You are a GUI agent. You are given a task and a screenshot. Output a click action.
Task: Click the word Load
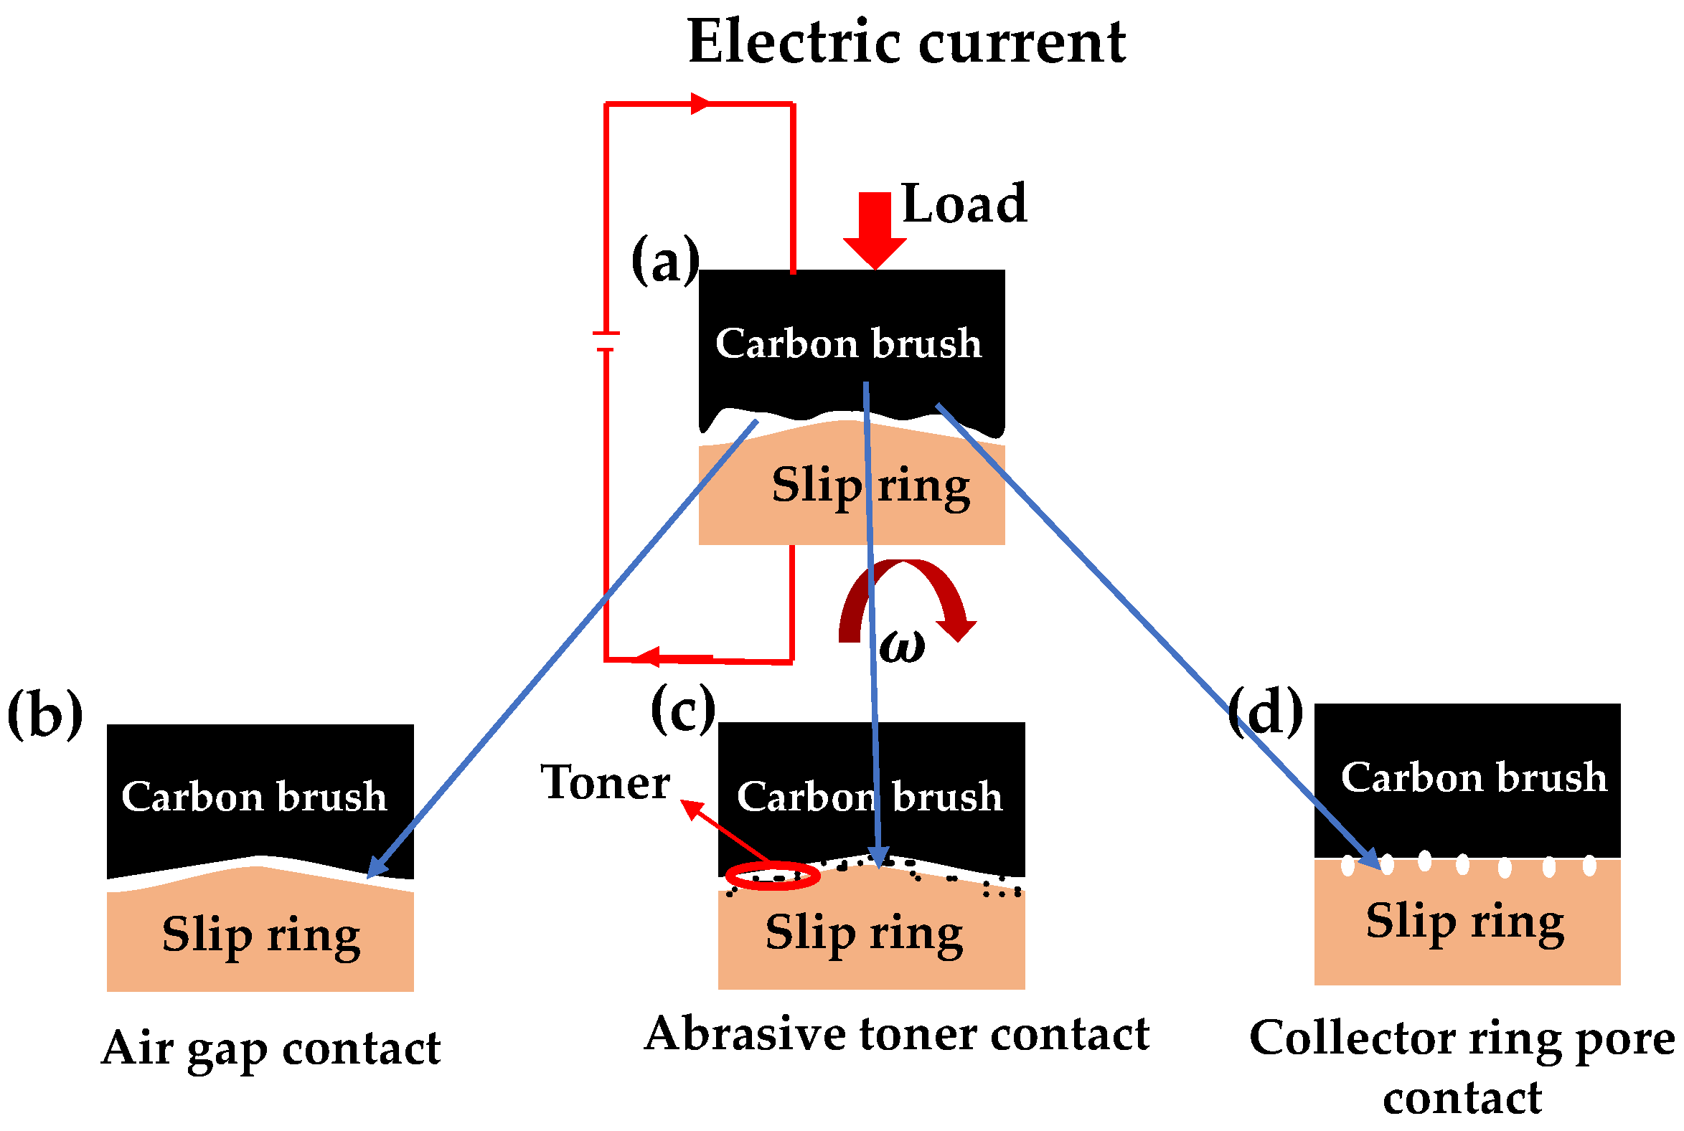(963, 204)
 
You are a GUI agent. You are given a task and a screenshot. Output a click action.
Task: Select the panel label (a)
(664, 260)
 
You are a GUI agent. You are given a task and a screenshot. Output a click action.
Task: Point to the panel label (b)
(44, 714)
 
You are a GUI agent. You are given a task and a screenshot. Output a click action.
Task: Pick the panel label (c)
(682, 709)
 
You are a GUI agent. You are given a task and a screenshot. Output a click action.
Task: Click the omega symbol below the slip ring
(902, 646)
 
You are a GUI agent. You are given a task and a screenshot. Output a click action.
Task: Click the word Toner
(605, 782)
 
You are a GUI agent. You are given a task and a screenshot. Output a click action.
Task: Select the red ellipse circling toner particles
(772, 876)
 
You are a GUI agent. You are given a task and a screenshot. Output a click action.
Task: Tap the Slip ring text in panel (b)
(260, 935)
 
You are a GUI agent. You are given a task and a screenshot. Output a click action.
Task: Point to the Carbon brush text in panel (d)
(1473, 777)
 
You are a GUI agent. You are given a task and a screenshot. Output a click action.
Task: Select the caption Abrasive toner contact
(896, 1033)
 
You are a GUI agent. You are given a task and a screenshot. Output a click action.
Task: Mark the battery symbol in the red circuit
(606, 341)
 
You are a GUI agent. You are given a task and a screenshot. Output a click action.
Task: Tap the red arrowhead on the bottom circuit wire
(649, 657)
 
